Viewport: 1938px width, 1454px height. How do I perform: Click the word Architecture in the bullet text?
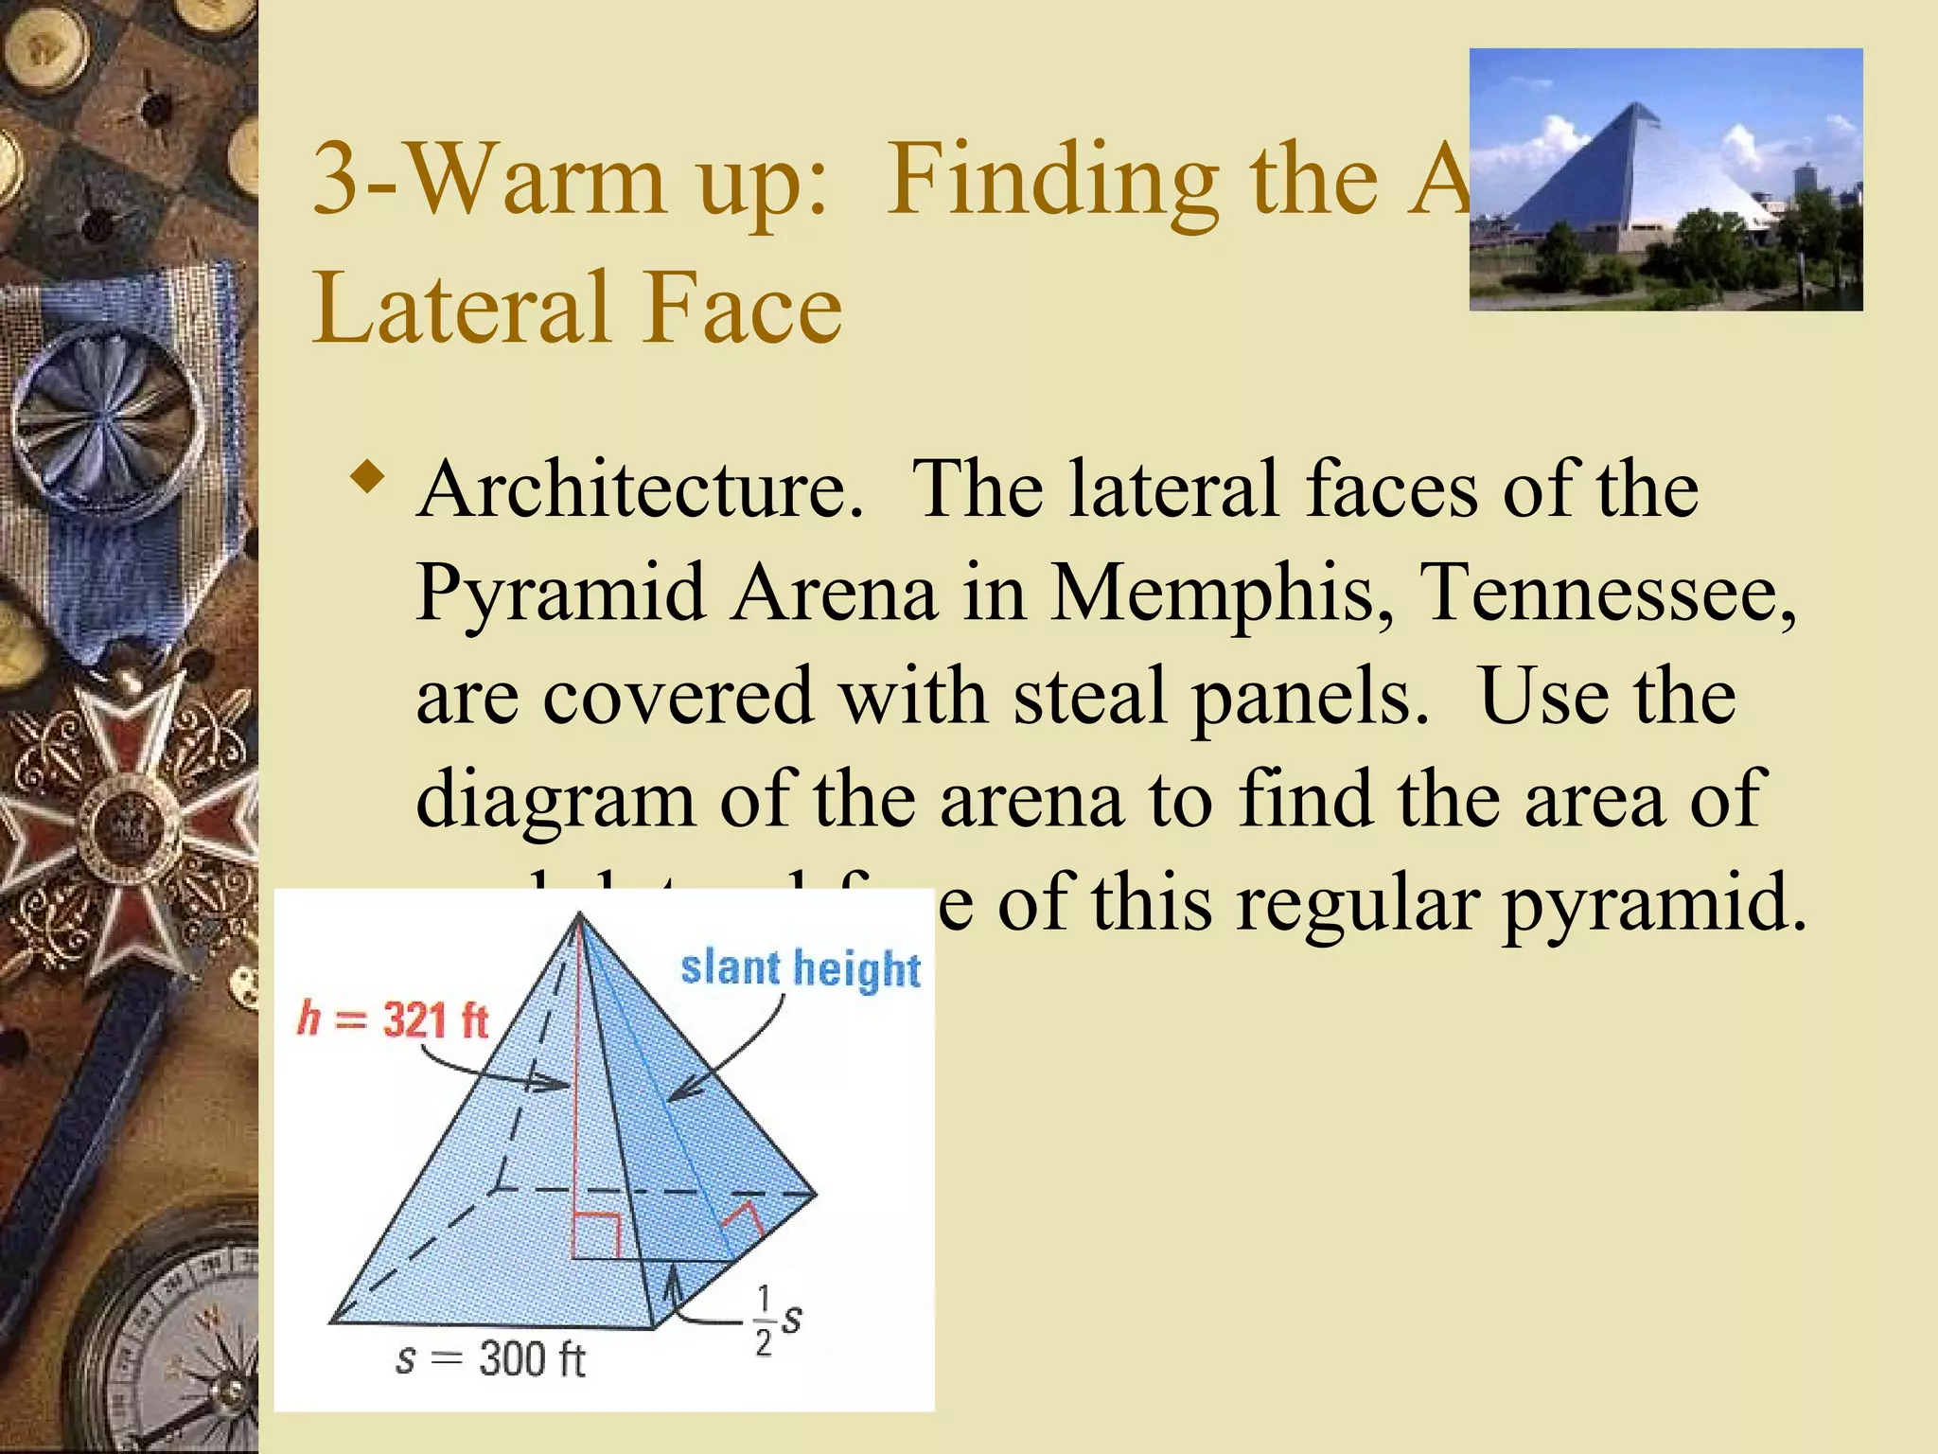click(640, 490)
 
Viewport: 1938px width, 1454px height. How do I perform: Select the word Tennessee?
click(1610, 594)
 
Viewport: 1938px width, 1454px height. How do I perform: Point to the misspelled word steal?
click(1090, 697)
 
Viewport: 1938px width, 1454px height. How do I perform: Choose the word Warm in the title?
click(538, 180)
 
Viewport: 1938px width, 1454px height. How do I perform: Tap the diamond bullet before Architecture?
click(367, 475)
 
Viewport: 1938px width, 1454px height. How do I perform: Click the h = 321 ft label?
click(392, 1020)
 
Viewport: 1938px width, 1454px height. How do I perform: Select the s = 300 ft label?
click(490, 1359)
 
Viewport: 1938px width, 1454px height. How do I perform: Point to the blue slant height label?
click(801, 968)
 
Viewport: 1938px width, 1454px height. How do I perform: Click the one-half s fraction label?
click(778, 1320)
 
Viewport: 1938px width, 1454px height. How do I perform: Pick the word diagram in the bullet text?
click(555, 801)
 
